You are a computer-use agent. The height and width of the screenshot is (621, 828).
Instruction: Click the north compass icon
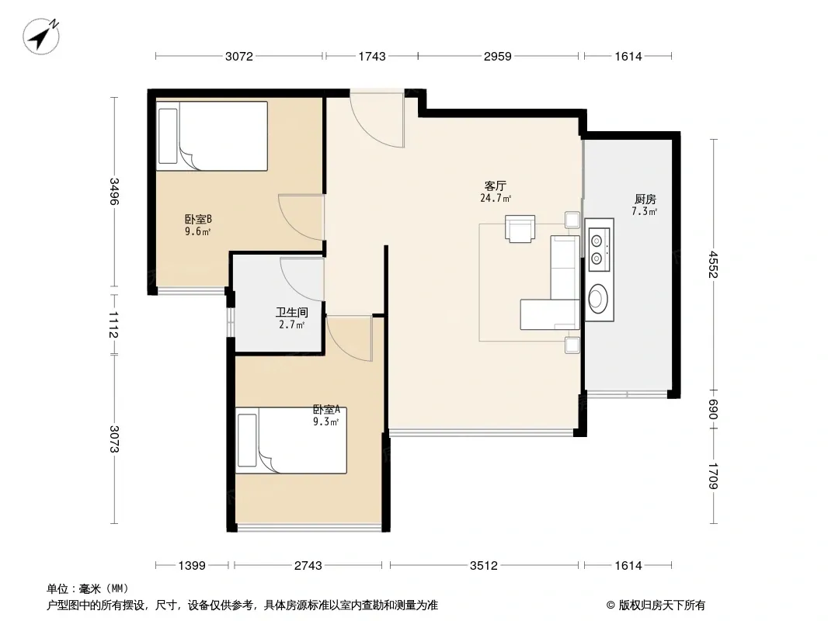tap(41, 36)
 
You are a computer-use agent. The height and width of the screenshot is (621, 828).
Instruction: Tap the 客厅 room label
tap(496, 186)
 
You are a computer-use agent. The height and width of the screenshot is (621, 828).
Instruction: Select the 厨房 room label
tap(645, 199)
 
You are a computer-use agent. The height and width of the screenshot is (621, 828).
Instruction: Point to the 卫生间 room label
tap(291, 312)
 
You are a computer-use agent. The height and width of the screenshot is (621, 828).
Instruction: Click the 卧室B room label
tap(198, 219)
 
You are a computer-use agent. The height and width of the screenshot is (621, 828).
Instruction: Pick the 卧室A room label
tap(326, 409)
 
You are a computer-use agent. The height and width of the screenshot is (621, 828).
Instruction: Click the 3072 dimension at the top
tap(239, 57)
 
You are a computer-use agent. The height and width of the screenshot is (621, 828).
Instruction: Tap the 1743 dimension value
tap(372, 57)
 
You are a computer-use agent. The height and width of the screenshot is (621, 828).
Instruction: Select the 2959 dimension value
tap(497, 57)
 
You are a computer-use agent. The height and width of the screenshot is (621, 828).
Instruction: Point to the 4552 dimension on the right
tap(713, 265)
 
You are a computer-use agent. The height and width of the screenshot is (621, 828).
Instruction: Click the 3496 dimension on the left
tap(114, 191)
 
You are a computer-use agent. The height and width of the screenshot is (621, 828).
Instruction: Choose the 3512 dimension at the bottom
tap(484, 566)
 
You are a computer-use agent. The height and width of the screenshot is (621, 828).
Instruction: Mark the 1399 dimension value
tap(192, 566)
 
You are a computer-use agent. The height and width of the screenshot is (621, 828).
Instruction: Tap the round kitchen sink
tap(598, 299)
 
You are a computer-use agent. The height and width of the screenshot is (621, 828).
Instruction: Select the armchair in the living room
tap(520, 228)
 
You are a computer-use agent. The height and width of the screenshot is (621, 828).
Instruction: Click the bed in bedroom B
tap(212, 136)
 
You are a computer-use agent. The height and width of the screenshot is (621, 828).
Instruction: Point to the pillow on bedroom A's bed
tap(247, 440)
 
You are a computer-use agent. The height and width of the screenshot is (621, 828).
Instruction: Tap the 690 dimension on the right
tap(713, 409)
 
